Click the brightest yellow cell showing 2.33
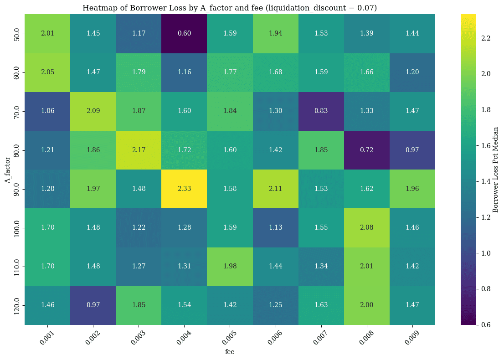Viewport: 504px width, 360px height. coord(184,188)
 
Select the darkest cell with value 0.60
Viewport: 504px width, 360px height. coord(184,34)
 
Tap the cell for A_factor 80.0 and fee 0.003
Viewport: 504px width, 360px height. coord(139,150)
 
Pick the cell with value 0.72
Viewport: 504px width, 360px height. coord(366,150)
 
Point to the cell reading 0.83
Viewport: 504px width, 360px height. coord(321,111)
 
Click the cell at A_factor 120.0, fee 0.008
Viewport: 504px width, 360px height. coord(366,305)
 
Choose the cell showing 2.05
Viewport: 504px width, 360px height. coord(47,72)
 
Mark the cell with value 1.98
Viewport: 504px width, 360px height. coord(230,266)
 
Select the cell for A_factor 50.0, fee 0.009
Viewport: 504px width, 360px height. coord(412,34)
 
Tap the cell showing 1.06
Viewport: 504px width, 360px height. coord(47,111)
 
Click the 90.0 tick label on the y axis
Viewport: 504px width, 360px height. coord(17,188)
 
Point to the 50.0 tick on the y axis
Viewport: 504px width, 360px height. coord(17,34)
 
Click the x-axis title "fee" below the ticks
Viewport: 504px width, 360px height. coord(230,352)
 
